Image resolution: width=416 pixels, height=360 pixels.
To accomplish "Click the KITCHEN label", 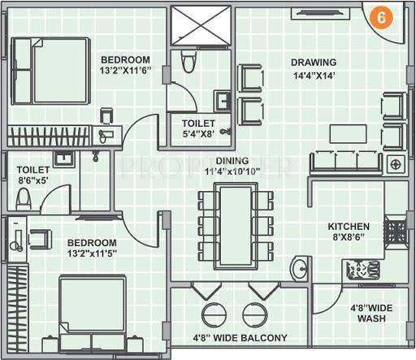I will (349, 227).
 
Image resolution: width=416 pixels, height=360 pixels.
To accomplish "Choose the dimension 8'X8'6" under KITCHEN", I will (349, 240).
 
